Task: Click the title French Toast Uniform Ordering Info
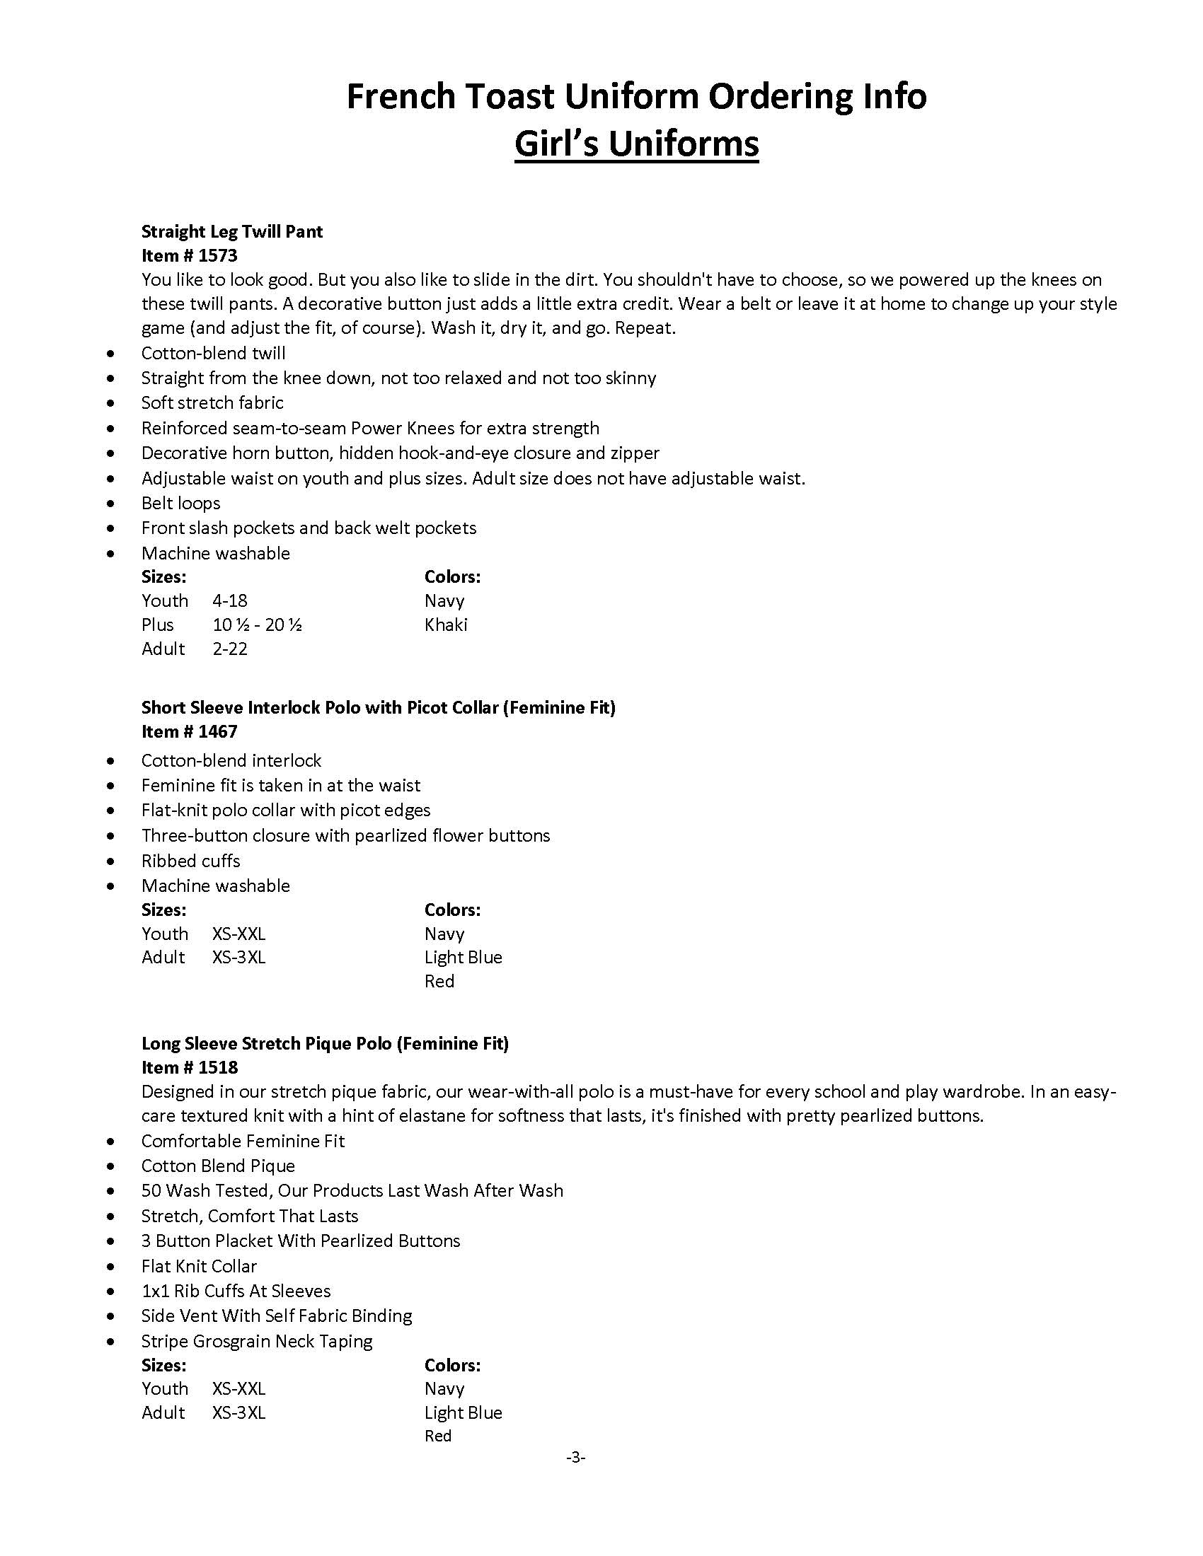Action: [635, 96]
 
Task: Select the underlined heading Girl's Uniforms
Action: [635, 144]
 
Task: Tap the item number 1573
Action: [190, 255]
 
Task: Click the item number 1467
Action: [190, 731]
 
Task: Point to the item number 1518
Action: [190, 1067]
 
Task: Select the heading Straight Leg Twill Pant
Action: [231, 231]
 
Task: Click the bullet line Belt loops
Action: [180, 503]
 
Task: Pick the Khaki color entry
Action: [445, 625]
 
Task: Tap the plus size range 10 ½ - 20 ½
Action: [258, 625]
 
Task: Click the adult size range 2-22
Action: [229, 649]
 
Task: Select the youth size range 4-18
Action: [229, 600]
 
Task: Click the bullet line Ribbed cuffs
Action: [190, 861]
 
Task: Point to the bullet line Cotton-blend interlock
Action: [231, 760]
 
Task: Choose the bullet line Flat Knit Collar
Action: [199, 1266]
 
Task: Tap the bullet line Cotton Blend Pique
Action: [217, 1166]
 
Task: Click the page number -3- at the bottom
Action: [575, 1458]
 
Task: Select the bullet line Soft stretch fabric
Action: [212, 402]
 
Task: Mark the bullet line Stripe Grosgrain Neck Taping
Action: [257, 1341]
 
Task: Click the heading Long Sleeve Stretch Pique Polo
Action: [324, 1044]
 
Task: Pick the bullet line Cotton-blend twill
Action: [213, 353]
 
